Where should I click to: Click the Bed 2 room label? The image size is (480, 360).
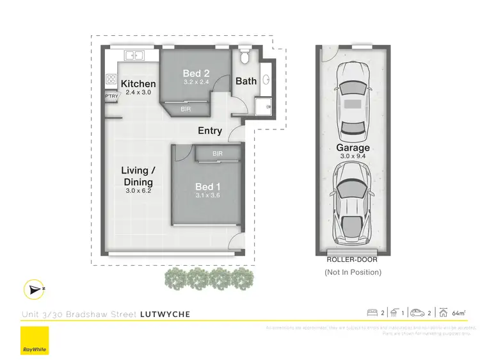(x=196, y=73)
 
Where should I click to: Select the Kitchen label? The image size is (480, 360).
(x=138, y=84)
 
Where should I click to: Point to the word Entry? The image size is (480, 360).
(x=210, y=131)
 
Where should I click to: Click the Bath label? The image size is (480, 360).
(x=246, y=81)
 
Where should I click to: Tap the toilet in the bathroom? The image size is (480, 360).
(x=244, y=56)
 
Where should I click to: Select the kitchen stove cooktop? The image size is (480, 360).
(x=110, y=79)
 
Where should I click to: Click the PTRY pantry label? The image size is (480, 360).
(x=111, y=97)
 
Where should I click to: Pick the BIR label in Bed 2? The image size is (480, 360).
(x=186, y=110)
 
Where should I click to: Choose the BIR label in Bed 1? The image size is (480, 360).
(x=218, y=154)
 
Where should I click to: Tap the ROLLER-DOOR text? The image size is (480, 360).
(x=353, y=260)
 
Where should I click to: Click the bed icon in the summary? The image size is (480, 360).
(x=372, y=313)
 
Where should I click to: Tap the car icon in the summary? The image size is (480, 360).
(x=416, y=313)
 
